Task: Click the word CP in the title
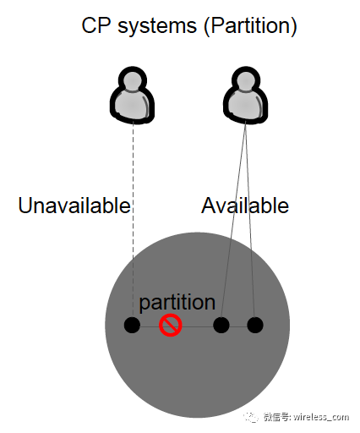96,25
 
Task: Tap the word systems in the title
157,27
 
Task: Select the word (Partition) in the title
250,26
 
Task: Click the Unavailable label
74,205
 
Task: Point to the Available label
245,205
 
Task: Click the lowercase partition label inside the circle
177,303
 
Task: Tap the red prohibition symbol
171,326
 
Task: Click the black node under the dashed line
132,325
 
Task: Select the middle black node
221,325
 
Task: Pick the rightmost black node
255,325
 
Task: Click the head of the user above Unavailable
133,79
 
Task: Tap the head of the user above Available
246,79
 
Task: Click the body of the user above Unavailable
132,106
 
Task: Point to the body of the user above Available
246,106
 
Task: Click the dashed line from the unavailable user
133,220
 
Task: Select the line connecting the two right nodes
238,326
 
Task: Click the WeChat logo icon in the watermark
250,417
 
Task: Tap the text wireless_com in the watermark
321,417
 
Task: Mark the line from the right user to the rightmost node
250,220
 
